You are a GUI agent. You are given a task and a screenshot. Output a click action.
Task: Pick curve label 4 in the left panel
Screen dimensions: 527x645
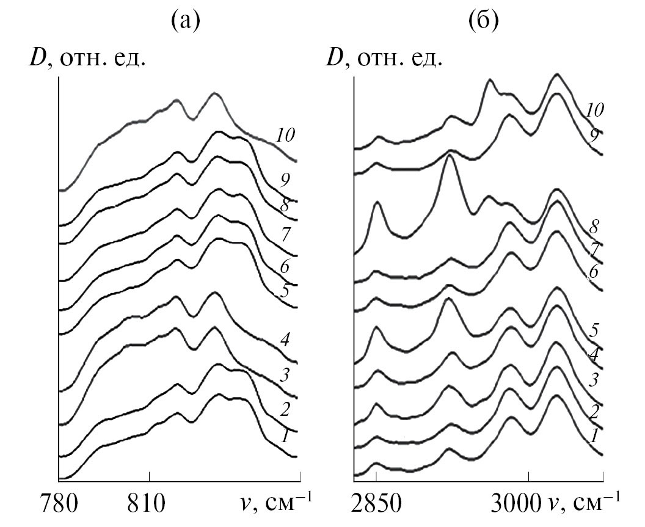pos(284,340)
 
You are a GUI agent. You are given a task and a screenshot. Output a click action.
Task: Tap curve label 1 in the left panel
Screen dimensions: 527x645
pos(285,437)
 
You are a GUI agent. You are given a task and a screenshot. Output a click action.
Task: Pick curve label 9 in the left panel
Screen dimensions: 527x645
pos(284,181)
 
